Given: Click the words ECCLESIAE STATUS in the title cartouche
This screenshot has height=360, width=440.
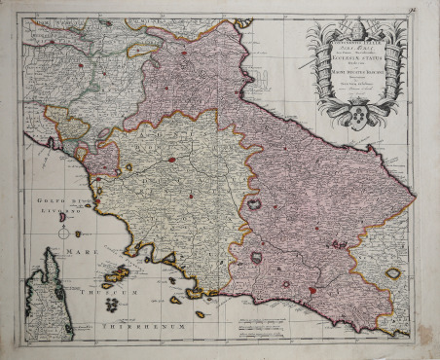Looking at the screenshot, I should [x=351, y=59].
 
